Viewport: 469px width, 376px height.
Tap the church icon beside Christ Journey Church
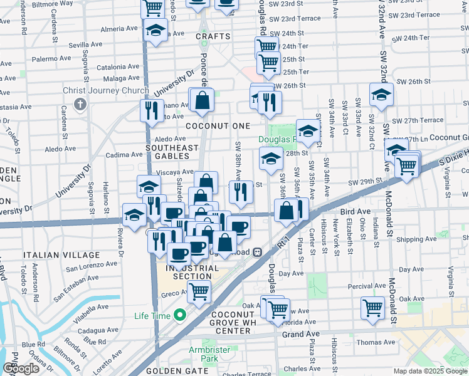[81, 103]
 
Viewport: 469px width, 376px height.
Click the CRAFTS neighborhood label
[213, 36]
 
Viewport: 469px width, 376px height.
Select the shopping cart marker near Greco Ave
[199, 291]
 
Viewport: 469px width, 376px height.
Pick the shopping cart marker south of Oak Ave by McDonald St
[373, 308]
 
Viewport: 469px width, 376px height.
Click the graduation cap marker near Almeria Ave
[155, 30]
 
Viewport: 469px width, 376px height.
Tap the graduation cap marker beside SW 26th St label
[381, 95]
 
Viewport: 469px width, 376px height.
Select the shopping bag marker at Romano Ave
[203, 100]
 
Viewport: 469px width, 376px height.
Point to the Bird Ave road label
[355, 211]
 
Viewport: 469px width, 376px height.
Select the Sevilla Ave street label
[85, 45]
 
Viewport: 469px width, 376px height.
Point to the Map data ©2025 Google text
[429, 371]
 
